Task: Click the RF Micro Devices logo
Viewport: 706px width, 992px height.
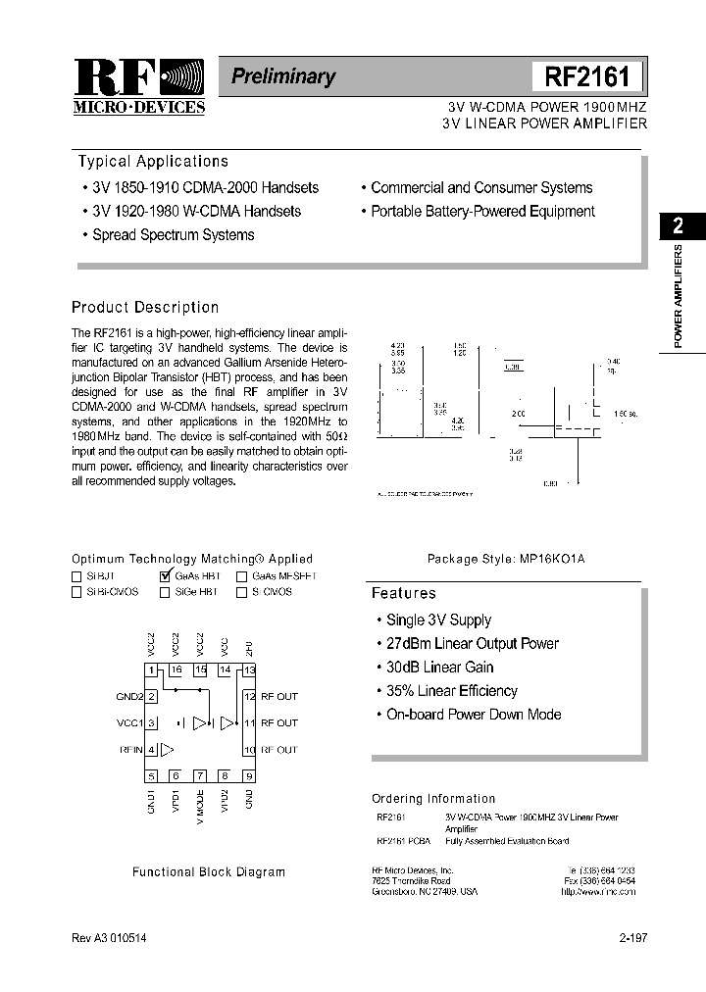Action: click(138, 85)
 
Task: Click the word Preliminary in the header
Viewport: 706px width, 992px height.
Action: click(283, 76)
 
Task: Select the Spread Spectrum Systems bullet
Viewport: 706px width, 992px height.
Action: click(173, 235)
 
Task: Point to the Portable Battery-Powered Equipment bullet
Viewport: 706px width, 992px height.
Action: click(482, 212)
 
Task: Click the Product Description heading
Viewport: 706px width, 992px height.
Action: click(145, 307)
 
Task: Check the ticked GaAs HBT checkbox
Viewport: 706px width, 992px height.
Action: click(165, 576)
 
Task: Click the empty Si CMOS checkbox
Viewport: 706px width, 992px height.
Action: click(241, 592)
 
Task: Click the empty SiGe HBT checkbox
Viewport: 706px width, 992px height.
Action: click(165, 592)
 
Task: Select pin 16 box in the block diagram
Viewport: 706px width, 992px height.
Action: click(176, 670)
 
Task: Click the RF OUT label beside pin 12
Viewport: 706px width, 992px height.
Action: click(278, 697)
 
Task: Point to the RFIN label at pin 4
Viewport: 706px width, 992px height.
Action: click(130, 750)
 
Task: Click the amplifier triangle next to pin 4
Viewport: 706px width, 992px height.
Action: click(168, 750)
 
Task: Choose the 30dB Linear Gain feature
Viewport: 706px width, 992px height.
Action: click(439, 668)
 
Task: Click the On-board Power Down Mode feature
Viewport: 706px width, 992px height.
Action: click(473, 715)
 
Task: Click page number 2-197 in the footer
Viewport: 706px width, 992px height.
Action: click(632, 938)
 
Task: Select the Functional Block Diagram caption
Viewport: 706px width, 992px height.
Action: click(209, 871)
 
